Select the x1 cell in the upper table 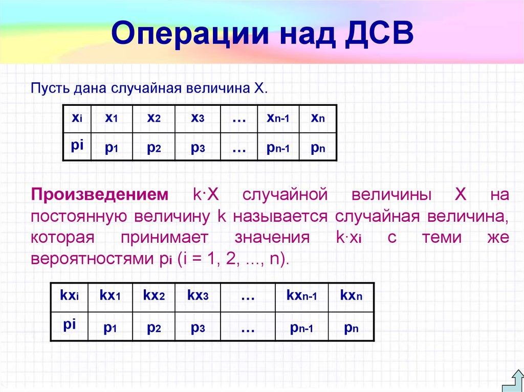112,118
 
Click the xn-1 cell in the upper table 278,118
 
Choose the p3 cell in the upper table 198,148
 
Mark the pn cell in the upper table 317,148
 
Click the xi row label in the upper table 77,118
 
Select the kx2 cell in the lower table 154,295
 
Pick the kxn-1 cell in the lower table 301,295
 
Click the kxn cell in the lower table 351,295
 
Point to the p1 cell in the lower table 111,328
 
